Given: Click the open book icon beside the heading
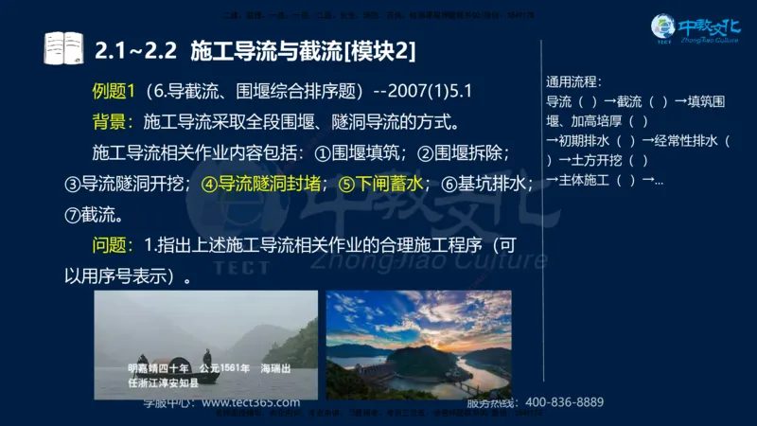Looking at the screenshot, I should point(64,47).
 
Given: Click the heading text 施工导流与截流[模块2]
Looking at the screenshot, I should point(303,47).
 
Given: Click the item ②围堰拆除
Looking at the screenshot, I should point(465,152).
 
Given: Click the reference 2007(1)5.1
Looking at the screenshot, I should point(431,92).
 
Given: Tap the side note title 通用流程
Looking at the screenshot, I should point(573,81).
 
